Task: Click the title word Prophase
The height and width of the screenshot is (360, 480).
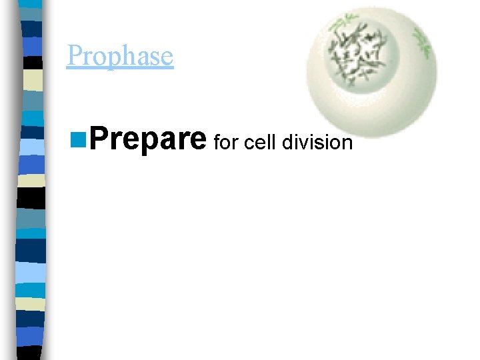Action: click(x=120, y=56)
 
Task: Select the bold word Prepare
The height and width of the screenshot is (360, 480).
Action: click(x=147, y=139)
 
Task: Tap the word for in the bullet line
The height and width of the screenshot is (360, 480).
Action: click(x=227, y=142)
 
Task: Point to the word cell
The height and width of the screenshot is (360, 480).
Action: click(x=261, y=141)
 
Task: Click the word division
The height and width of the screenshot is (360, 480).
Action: click(x=317, y=141)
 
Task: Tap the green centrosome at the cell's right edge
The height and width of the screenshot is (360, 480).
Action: click(x=422, y=41)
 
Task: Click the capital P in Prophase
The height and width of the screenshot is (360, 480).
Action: click(x=74, y=56)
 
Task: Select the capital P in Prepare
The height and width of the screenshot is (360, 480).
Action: click(x=98, y=139)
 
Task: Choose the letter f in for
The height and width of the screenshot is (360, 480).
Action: click(x=216, y=141)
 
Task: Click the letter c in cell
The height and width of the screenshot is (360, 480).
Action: click(x=249, y=143)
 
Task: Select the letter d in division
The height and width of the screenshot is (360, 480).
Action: click(x=287, y=141)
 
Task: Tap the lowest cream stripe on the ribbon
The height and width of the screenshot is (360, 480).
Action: click(x=31, y=304)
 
